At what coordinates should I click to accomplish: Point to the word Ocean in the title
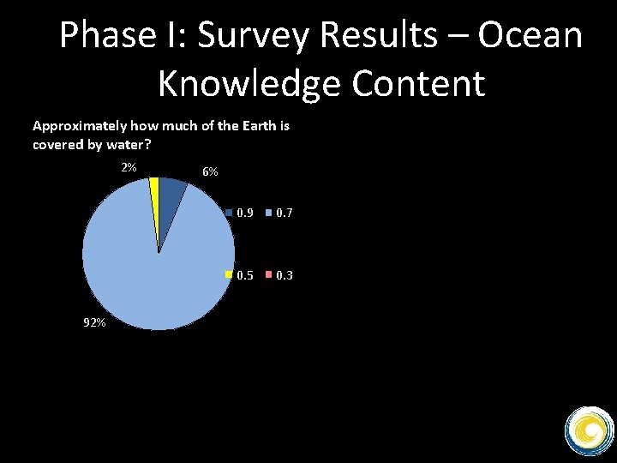tap(530, 36)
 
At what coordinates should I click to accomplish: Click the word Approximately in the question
tap(73, 126)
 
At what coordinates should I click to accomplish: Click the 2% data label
tap(129, 167)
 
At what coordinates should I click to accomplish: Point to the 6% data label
tap(210, 172)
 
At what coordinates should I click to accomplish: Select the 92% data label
tap(94, 323)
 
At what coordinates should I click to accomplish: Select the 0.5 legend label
tap(244, 275)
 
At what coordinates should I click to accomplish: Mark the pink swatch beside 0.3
tap(268, 275)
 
